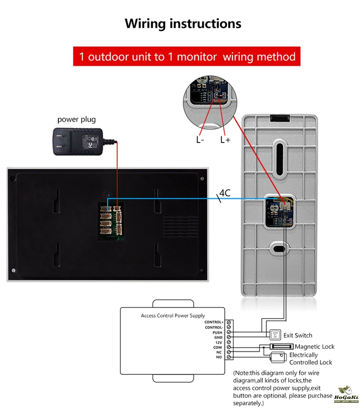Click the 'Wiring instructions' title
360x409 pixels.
click(x=183, y=23)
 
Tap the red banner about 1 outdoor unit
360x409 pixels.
click(x=187, y=57)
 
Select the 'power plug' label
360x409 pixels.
click(x=76, y=120)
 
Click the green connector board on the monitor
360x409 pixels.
click(x=110, y=220)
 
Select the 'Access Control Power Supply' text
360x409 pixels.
click(x=173, y=316)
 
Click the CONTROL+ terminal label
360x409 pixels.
click(x=214, y=322)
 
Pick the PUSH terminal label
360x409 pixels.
click(x=217, y=333)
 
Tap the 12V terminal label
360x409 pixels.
click(x=218, y=342)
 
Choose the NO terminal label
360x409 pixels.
click(x=219, y=357)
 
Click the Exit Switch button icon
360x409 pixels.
click(x=275, y=335)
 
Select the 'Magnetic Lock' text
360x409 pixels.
click(x=315, y=346)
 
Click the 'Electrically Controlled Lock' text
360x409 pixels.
click(x=310, y=359)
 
